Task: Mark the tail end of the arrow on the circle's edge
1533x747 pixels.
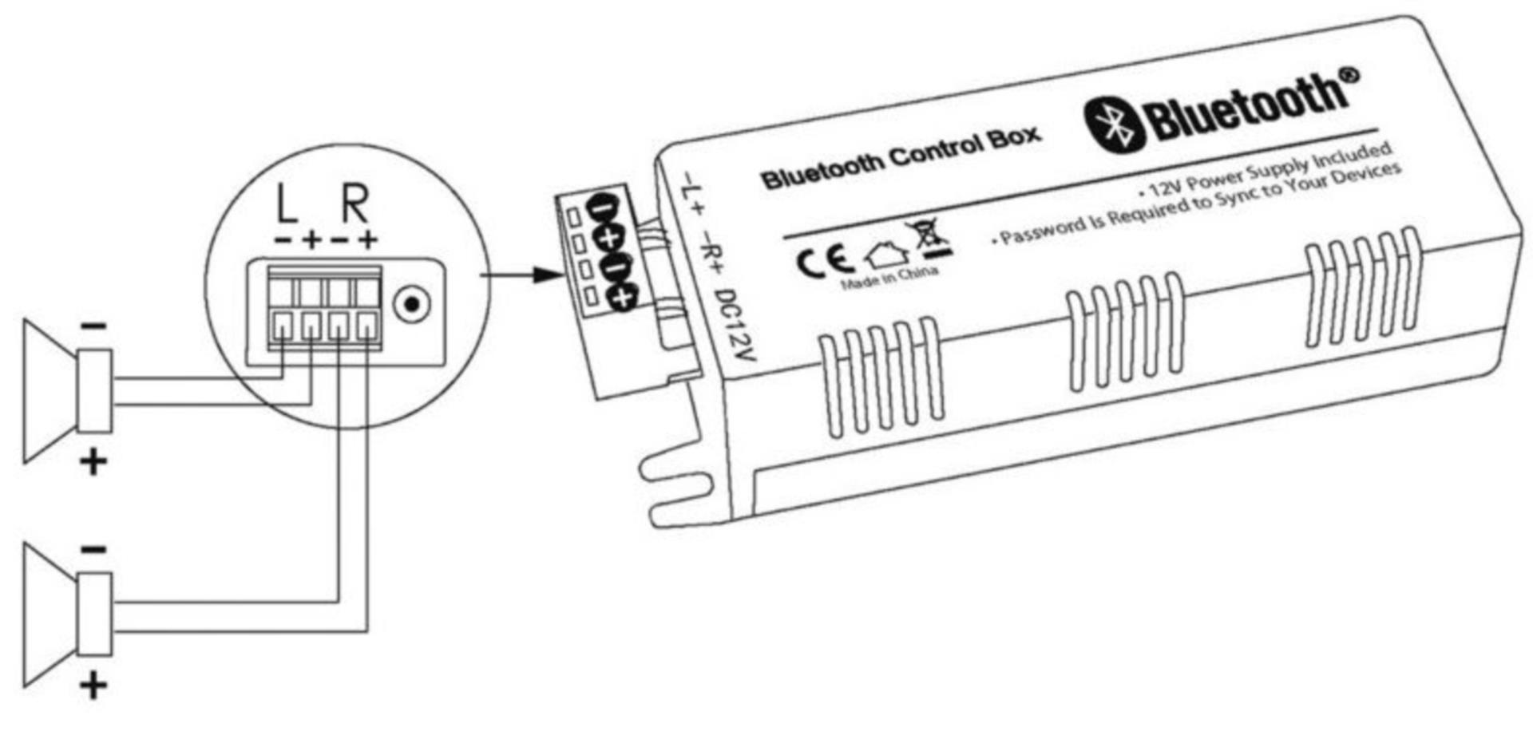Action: (x=481, y=275)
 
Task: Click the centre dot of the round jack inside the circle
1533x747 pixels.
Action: (x=412, y=304)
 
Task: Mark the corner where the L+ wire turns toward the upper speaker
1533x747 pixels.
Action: (x=310, y=405)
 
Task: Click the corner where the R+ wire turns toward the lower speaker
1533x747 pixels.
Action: (x=367, y=631)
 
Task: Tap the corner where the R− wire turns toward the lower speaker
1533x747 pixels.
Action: (x=339, y=602)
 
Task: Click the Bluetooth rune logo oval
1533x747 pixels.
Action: (x=1115, y=124)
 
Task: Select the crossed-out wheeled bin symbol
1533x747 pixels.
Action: (x=929, y=238)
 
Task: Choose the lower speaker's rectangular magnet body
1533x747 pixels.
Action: (x=95, y=614)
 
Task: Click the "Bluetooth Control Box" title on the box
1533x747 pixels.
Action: (x=901, y=157)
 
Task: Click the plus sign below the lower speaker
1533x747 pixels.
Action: (x=93, y=686)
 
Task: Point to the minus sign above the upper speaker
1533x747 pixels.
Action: (x=93, y=326)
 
